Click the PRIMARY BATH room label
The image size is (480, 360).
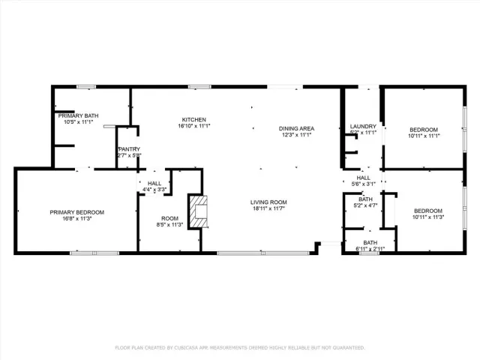pos(79,115)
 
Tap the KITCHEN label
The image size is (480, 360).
pos(193,120)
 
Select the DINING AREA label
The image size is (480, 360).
pos(296,128)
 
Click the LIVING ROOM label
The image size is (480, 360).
pos(268,202)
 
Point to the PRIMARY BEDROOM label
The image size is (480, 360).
pos(77,212)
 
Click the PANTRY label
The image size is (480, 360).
pos(129,149)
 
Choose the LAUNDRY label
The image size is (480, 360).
pos(363,126)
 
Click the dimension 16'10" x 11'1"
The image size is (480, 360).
pos(193,127)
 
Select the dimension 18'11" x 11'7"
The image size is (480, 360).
pos(268,209)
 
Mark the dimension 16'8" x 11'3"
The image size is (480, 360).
pos(77,219)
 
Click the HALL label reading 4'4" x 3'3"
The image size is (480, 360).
pos(154,183)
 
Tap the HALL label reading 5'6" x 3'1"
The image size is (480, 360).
pos(363,178)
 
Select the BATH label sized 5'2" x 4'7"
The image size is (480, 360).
pos(365,199)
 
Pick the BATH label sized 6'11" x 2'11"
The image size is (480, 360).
pos(370,242)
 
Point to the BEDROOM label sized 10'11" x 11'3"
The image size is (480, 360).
pos(428,211)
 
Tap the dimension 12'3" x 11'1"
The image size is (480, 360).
pos(296,135)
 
